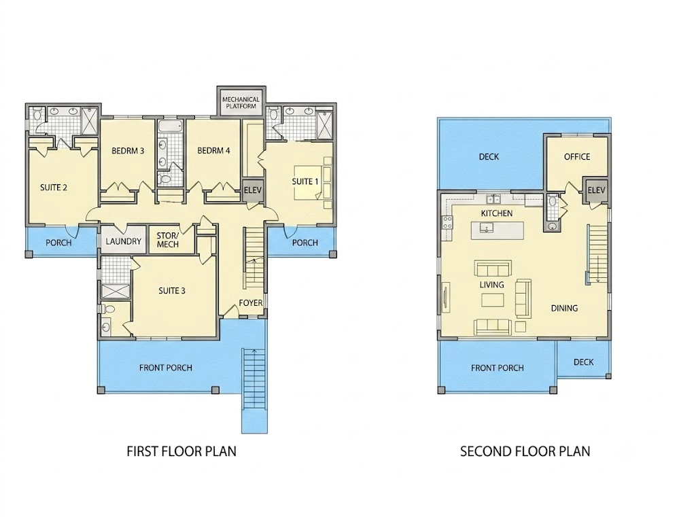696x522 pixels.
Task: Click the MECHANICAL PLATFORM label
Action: tap(241, 103)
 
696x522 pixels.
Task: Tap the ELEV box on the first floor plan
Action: tap(253, 190)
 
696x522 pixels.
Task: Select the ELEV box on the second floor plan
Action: tap(596, 190)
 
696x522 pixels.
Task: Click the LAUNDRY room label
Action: tap(124, 241)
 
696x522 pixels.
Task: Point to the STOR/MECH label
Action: tap(168, 240)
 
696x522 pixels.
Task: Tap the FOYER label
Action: tap(251, 302)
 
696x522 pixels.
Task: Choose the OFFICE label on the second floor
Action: tap(577, 157)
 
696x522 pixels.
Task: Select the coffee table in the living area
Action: tap(493, 300)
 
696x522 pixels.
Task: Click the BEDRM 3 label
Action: tap(128, 151)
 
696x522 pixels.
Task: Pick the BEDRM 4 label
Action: tap(213, 151)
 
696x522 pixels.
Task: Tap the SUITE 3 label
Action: tap(172, 291)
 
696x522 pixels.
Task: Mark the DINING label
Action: tap(564, 308)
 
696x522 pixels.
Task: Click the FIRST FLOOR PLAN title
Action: tap(181, 451)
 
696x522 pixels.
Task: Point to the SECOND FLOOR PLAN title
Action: tap(525, 451)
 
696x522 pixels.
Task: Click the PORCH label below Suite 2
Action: tap(58, 243)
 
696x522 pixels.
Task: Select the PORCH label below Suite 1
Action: tap(305, 243)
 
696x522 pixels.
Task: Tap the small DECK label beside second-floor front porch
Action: tap(583, 362)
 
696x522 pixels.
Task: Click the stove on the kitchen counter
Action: tap(447, 222)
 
